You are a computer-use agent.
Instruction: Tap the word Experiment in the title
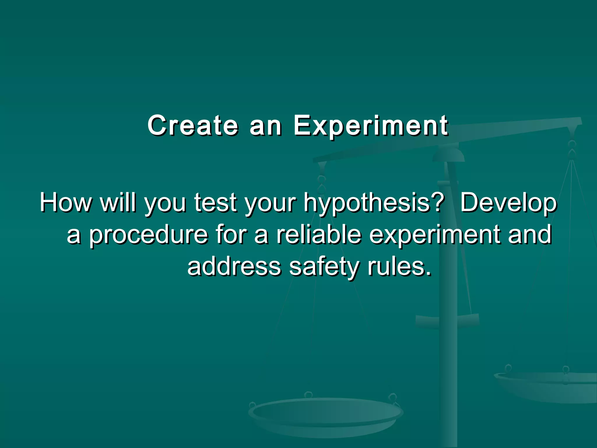point(371,126)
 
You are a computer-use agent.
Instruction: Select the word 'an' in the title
point(266,126)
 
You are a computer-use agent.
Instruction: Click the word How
point(65,202)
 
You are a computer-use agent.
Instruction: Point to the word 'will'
point(118,202)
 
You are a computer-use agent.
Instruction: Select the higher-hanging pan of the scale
point(548,385)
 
